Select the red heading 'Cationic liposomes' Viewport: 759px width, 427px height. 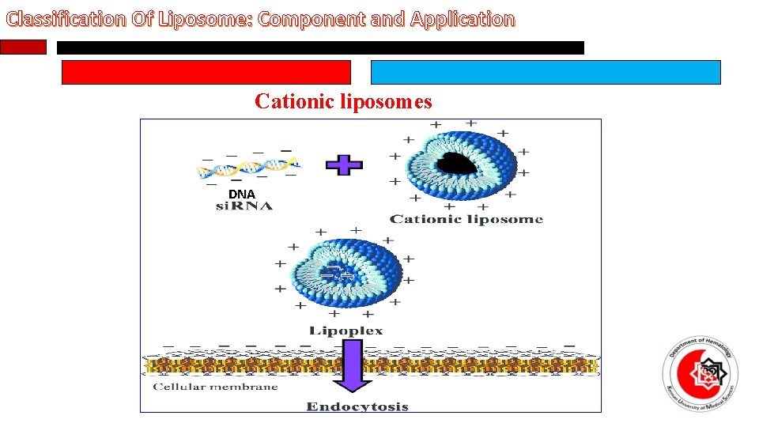[x=343, y=101]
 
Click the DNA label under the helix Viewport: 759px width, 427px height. [x=242, y=194]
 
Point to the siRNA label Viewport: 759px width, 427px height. [x=244, y=206]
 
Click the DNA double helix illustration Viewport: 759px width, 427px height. [x=248, y=167]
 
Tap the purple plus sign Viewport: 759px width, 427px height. [x=344, y=165]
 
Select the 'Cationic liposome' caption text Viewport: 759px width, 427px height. [x=466, y=219]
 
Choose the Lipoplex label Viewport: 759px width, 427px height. [x=346, y=331]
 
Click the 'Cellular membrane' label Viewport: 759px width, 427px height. [x=215, y=387]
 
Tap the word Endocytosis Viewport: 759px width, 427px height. [x=357, y=406]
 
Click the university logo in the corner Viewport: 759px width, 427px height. [x=698, y=368]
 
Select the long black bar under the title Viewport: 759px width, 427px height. [x=320, y=48]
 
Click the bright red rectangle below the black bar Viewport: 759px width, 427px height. [x=206, y=73]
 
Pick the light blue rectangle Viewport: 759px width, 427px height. [x=546, y=73]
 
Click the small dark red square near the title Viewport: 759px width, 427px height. [x=23, y=47]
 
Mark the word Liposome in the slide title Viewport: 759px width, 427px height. [x=202, y=19]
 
